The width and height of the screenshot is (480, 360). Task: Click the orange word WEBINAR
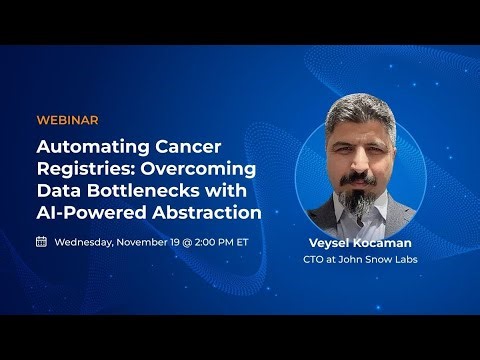(67, 120)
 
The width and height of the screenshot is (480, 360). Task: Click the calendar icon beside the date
(41, 241)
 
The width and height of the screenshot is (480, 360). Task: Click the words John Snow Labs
(381, 260)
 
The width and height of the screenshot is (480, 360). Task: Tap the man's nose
(364, 171)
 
